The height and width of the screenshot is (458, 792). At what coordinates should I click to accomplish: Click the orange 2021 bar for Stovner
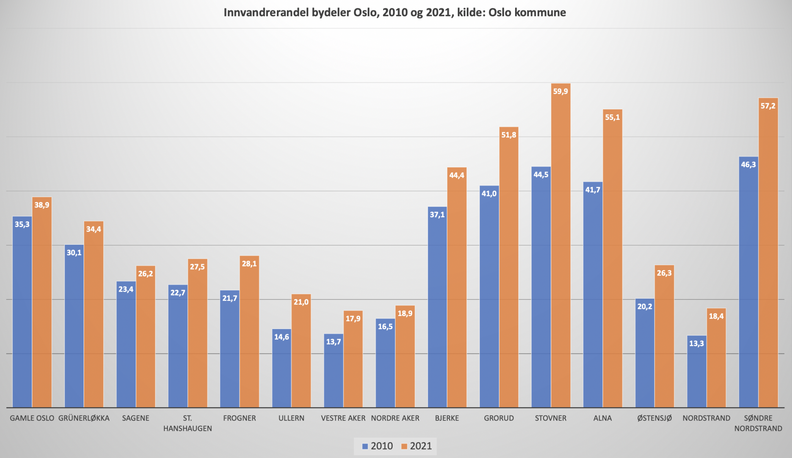(560, 248)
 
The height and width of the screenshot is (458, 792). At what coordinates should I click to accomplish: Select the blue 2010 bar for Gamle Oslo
(22, 313)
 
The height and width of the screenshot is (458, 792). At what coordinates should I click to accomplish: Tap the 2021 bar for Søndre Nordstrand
(768, 255)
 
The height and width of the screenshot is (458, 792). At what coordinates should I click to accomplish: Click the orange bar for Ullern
(301, 352)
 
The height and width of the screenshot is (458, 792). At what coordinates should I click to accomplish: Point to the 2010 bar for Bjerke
(437, 309)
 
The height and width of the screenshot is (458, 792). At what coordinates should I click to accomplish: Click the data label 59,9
(560, 91)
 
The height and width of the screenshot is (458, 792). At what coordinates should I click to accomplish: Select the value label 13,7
(333, 342)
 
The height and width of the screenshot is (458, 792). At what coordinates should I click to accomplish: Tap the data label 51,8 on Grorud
(509, 135)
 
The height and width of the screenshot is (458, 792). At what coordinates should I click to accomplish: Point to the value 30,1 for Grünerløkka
(74, 253)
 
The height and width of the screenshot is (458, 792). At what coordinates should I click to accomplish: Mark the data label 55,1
(612, 117)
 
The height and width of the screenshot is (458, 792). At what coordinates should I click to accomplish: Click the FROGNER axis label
(239, 418)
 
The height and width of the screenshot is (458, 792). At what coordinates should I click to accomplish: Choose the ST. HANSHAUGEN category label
(188, 423)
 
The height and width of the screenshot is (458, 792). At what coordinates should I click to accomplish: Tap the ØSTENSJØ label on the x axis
(654, 418)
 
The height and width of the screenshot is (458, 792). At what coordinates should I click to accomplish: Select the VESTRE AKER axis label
(343, 418)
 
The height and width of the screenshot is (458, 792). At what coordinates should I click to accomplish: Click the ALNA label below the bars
(603, 418)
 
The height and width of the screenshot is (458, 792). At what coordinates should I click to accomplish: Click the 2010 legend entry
(377, 446)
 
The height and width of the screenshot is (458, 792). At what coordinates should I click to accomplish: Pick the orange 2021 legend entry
(416, 446)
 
